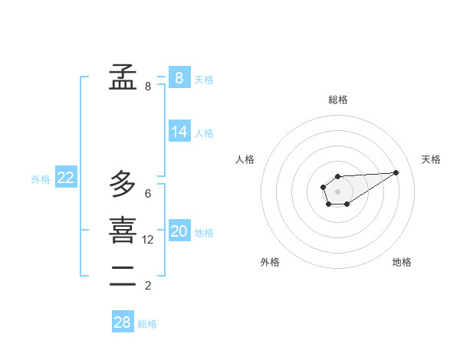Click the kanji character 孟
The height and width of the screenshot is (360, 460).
coord(123,77)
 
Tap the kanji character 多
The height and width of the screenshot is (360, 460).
coord(123,185)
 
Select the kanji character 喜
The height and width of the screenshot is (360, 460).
coord(123,231)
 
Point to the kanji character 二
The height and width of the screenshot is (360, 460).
coord(123,277)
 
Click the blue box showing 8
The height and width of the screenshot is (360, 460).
coord(179,77)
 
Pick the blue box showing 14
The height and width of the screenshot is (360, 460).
coord(179,132)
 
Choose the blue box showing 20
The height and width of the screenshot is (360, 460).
coord(179,231)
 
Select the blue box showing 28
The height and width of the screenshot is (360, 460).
coord(123,322)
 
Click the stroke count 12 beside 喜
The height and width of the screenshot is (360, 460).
coord(148,240)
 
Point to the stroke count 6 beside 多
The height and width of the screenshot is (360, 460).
coord(148,194)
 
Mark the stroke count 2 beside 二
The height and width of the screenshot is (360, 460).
coord(148,286)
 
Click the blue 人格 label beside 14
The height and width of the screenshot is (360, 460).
coord(204,133)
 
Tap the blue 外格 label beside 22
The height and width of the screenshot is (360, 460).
coord(41,179)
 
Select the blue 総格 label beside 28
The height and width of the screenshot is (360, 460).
coord(147,324)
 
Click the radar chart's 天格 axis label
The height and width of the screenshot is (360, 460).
coord(431,159)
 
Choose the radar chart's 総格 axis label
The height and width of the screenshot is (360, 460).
coord(338,100)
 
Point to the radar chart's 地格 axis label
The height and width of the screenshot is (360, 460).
coord(402,262)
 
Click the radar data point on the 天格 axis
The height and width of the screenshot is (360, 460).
coord(396,172)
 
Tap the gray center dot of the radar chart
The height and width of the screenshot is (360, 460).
coord(337,191)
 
